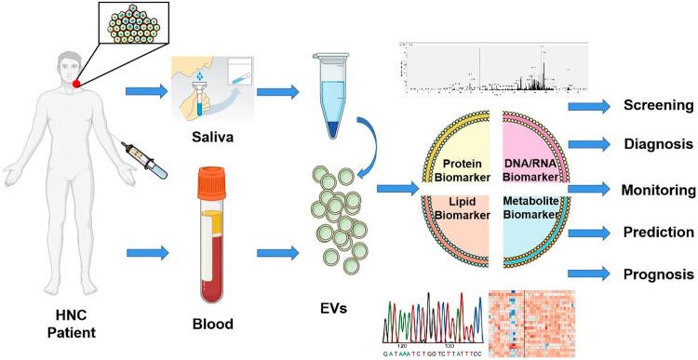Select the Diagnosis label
click(x=657, y=145)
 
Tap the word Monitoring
click(x=658, y=190)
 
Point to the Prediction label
click(x=658, y=232)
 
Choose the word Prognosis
click(x=658, y=274)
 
